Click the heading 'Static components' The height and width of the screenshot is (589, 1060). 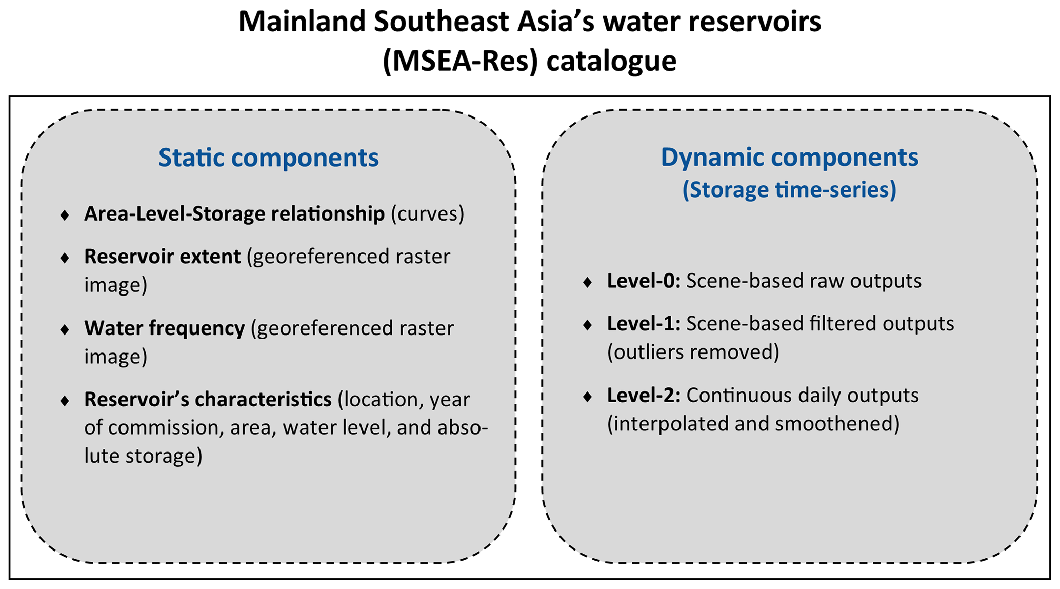[x=268, y=158]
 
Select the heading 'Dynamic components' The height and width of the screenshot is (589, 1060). [x=789, y=157]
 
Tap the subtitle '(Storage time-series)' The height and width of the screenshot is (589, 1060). [x=789, y=189]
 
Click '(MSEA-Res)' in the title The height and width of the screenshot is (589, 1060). [x=460, y=61]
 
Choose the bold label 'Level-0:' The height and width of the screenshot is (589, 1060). [x=644, y=281]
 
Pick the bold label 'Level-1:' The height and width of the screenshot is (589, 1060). [x=644, y=324]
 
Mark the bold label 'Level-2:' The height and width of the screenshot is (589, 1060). [x=644, y=395]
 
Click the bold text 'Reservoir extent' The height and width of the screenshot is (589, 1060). [x=162, y=256]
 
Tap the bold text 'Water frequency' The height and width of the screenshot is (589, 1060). [x=164, y=328]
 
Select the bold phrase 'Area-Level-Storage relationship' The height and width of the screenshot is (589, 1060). [x=234, y=213]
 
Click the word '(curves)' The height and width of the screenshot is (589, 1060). [x=428, y=214]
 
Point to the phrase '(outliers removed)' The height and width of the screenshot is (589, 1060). [x=693, y=352]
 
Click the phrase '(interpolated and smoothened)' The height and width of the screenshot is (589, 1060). [x=753, y=424]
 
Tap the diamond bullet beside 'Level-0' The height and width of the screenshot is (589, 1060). [x=588, y=282]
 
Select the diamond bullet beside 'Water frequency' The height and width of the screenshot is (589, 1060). [x=65, y=329]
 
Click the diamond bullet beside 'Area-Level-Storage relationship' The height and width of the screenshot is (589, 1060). [x=65, y=215]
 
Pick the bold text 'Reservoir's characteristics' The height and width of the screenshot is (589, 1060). [x=208, y=399]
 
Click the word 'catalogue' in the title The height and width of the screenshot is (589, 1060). [x=611, y=61]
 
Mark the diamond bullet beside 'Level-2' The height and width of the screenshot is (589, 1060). [x=588, y=397]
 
